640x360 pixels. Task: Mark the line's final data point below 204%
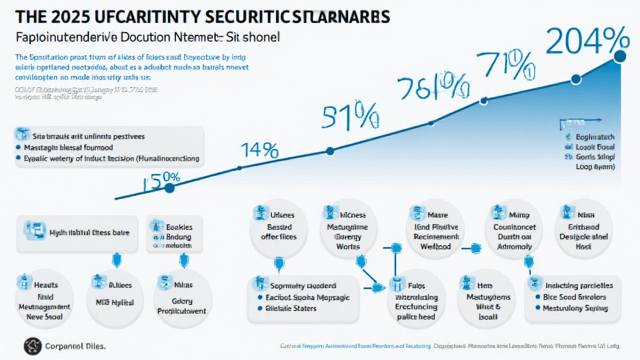point(620,56)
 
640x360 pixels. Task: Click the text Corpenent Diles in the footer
point(76,345)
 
